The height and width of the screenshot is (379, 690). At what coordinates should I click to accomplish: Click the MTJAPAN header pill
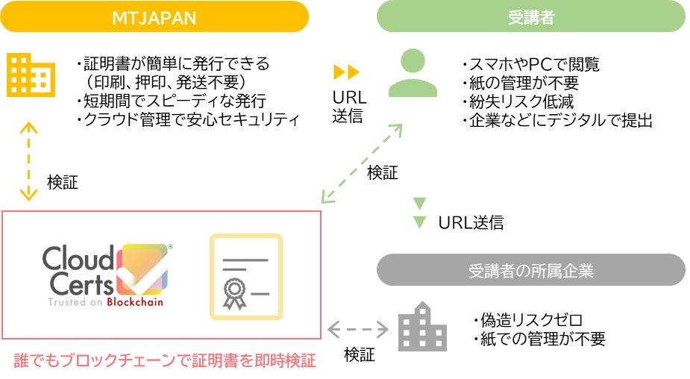pos(154,16)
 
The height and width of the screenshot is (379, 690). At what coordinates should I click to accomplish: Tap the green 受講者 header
pos(530,16)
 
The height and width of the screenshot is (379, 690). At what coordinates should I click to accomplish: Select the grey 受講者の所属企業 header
pos(530,270)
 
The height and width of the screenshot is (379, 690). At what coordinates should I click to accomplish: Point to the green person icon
pos(413,74)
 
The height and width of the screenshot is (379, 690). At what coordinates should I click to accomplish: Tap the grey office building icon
pos(422,325)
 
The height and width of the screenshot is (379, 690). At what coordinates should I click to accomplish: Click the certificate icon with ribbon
pos(245,276)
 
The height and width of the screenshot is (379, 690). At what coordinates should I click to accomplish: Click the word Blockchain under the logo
pos(135,302)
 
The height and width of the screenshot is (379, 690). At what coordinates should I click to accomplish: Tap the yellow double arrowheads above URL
pos(346,72)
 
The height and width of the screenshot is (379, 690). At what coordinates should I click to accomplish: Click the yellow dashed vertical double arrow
pos(28,160)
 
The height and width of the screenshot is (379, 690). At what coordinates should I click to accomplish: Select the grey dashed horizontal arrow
pos(359,328)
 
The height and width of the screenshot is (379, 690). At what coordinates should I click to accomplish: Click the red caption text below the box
pos(165,361)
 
